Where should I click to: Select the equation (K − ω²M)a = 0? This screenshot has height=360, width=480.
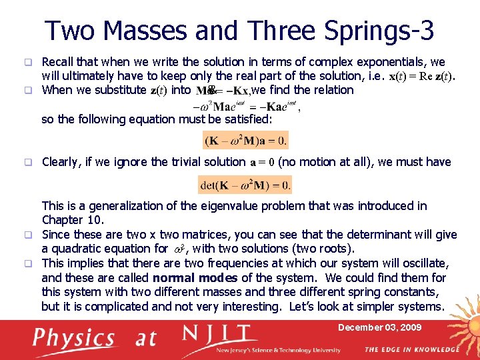pyautogui.click(x=246, y=141)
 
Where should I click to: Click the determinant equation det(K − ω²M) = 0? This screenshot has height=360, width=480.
pyautogui.click(x=245, y=185)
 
